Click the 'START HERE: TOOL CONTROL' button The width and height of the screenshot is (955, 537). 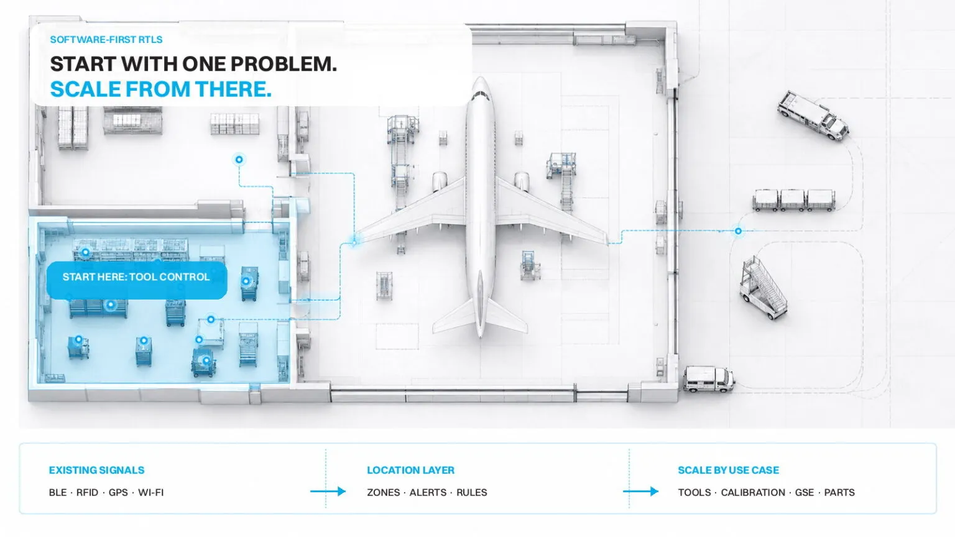[136, 280]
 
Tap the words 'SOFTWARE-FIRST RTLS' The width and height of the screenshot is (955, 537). [106, 40]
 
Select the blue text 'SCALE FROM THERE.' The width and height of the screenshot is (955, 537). [161, 89]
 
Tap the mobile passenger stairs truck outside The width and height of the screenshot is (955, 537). [763, 287]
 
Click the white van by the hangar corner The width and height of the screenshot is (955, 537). [709, 379]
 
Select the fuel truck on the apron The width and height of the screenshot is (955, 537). [813, 114]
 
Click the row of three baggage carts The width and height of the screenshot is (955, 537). [794, 200]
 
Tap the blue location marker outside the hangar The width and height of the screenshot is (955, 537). [738, 231]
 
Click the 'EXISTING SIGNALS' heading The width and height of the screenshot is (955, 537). [97, 470]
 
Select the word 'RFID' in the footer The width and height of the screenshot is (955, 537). [88, 493]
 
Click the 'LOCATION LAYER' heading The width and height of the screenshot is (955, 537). [410, 470]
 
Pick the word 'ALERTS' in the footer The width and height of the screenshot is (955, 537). [428, 493]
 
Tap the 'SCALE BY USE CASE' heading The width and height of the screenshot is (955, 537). [728, 470]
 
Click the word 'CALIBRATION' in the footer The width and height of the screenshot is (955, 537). [753, 493]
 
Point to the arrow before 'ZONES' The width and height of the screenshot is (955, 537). [328, 492]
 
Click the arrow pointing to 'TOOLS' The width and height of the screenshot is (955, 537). [640, 492]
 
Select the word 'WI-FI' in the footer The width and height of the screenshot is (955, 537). [150, 493]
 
